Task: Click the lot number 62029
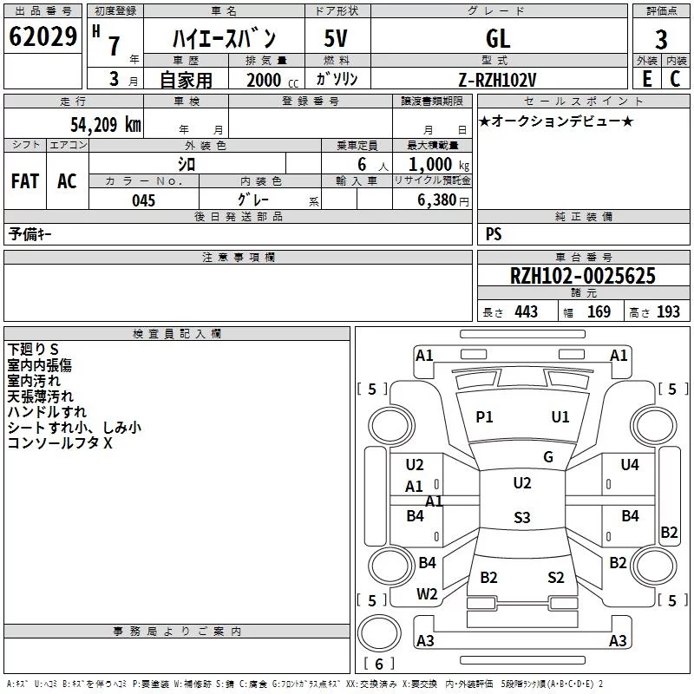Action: pos(43,36)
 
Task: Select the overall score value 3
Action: pos(661,39)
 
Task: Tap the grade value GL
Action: pos(498,39)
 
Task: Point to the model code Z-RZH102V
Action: pos(497,80)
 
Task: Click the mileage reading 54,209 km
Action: pos(106,125)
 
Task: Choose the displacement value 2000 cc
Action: pos(272,80)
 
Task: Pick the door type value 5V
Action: pos(336,38)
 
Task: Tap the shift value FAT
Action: pos(25,181)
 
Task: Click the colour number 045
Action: pos(143,200)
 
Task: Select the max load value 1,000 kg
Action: pos(439,165)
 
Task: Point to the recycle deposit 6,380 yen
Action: pos(442,200)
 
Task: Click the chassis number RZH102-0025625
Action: pos(582,276)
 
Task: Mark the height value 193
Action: pos(668,312)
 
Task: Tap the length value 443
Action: pos(526,312)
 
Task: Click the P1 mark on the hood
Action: pos(484,417)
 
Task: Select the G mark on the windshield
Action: pos(548,457)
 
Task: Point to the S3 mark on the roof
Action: pos(522,517)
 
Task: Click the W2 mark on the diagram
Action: pos(427,594)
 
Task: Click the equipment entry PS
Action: pos(494,234)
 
